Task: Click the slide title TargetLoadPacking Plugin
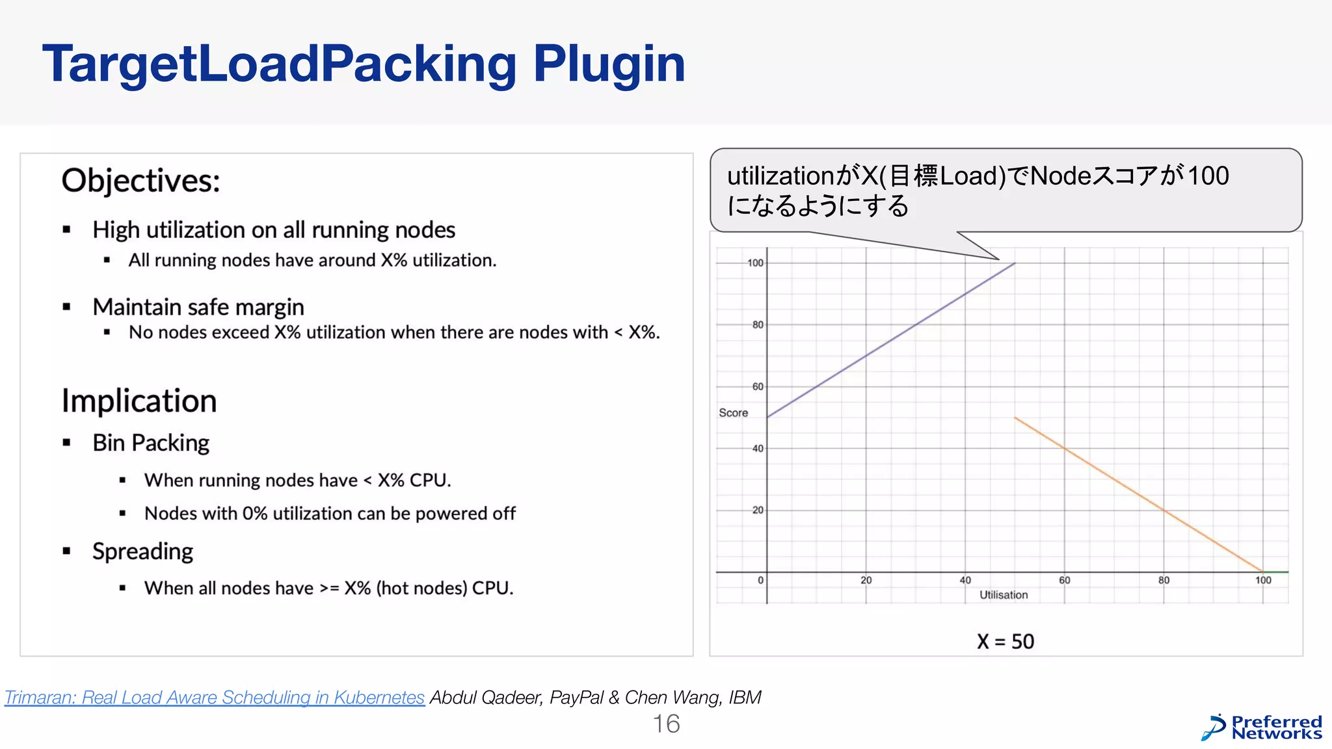pos(364,64)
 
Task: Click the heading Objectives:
pos(140,180)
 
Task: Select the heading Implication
pos(139,401)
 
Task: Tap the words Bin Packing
pos(151,443)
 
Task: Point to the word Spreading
pos(142,551)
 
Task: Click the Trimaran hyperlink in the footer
pos(215,697)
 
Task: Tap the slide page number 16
pos(666,724)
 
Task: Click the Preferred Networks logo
pos(1262,728)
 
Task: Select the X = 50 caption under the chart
pos(1005,642)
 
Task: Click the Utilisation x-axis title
pos(1004,595)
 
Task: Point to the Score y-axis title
pos(733,413)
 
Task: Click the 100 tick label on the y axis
pos(755,263)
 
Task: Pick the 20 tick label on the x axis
pos(866,580)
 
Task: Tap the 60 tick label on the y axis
pos(758,386)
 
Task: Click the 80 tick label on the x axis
pos(1164,580)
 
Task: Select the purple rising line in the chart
pos(891,340)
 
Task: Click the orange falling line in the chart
pos(1138,494)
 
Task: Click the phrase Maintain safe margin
pos(198,307)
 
